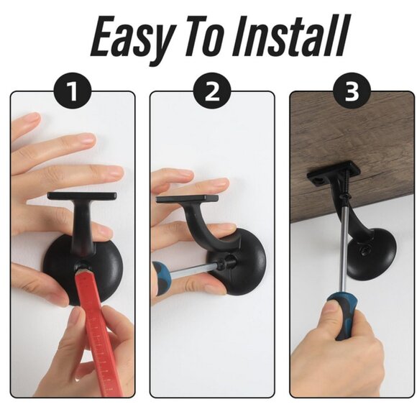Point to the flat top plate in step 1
[82, 196]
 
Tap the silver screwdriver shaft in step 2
[194, 269]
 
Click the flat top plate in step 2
[187, 198]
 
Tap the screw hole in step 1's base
[82, 266]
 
